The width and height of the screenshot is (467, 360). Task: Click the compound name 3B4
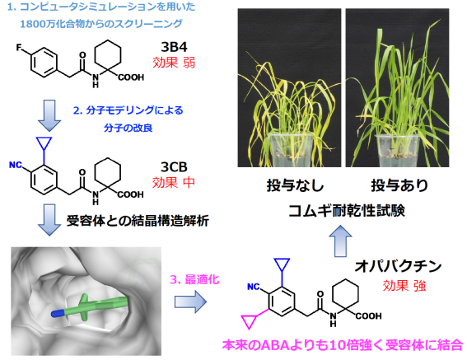click(x=174, y=47)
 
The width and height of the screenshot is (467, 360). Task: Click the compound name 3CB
click(x=174, y=167)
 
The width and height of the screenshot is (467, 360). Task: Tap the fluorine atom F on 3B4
click(x=19, y=48)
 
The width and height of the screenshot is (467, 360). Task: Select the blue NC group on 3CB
click(x=16, y=165)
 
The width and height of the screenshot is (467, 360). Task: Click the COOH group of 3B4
click(x=131, y=77)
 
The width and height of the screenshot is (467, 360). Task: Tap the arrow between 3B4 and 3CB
click(x=49, y=115)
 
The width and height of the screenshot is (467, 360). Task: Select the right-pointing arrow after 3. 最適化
click(x=190, y=302)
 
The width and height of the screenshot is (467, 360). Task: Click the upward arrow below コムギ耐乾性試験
click(x=340, y=241)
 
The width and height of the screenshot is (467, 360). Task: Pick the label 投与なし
click(x=295, y=185)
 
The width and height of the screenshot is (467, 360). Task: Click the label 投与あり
click(x=399, y=185)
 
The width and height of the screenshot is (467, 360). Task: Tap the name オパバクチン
click(x=398, y=266)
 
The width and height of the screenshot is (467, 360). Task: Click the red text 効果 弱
click(x=174, y=63)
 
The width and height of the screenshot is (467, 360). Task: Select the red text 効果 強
click(x=404, y=286)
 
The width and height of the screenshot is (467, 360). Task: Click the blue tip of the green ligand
click(x=57, y=313)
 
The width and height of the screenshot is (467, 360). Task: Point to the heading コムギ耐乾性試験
click(x=347, y=211)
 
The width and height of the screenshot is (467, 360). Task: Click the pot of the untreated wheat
click(x=291, y=151)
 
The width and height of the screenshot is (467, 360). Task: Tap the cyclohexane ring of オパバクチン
click(x=345, y=294)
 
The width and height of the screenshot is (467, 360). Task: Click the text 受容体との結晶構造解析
click(x=138, y=221)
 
